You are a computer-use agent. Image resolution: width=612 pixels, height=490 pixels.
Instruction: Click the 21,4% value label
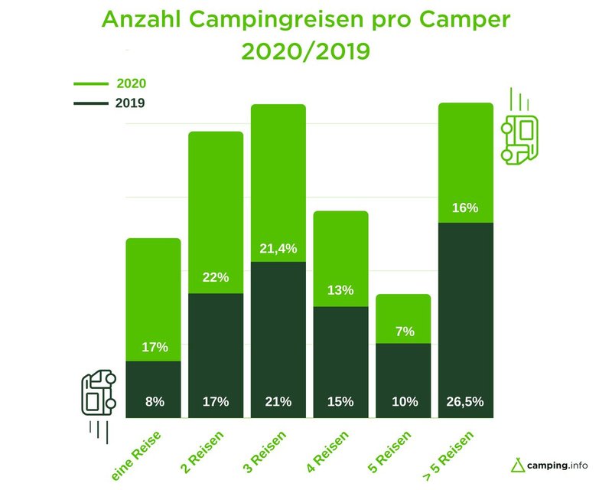tap(278, 249)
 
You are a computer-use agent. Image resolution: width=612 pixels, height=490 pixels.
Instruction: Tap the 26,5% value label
tap(465, 401)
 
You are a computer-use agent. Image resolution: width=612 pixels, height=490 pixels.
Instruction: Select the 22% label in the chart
tap(216, 277)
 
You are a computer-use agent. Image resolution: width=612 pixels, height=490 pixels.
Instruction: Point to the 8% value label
tap(154, 401)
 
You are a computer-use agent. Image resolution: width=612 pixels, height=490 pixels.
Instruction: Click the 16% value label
tap(465, 207)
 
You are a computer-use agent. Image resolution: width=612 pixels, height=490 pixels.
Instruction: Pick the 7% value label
tap(403, 331)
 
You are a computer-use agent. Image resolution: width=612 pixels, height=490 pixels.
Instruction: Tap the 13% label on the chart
tap(340, 290)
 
